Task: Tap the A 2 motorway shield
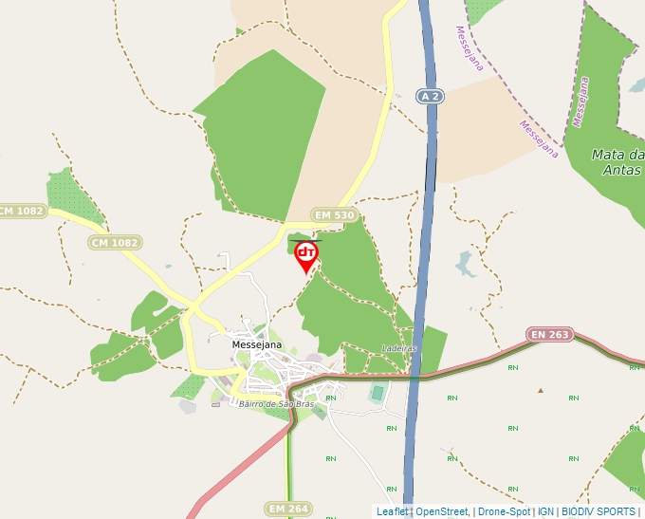pyautogui.click(x=430, y=96)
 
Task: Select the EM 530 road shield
pyautogui.click(x=335, y=215)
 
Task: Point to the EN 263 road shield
pyautogui.click(x=550, y=334)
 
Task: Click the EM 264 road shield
pyautogui.click(x=288, y=510)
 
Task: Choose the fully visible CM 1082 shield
pyautogui.click(x=115, y=243)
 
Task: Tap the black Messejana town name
pyautogui.click(x=257, y=344)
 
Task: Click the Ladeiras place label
pyautogui.click(x=399, y=348)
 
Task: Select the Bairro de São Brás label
pyautogui.click(x=276, y=404)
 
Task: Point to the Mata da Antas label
pyautogui.click(x=617, y=162)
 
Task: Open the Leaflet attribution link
pyautogui.click(x=393, y=511)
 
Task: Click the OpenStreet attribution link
pyautogui.click(x=442, y=511)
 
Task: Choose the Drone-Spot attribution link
pyautogui.click(x=504, y=511)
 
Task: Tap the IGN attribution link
pyautogui.click(x=545, y=511)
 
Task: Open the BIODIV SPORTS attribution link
pyautogui.click(x=599, y=511)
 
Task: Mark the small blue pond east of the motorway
pyautogui.click(x=466, y=264)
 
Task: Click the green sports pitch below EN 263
pyautogui.click(x=378, y=392)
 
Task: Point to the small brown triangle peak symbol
pyautogui.click(x=541, y=390)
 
